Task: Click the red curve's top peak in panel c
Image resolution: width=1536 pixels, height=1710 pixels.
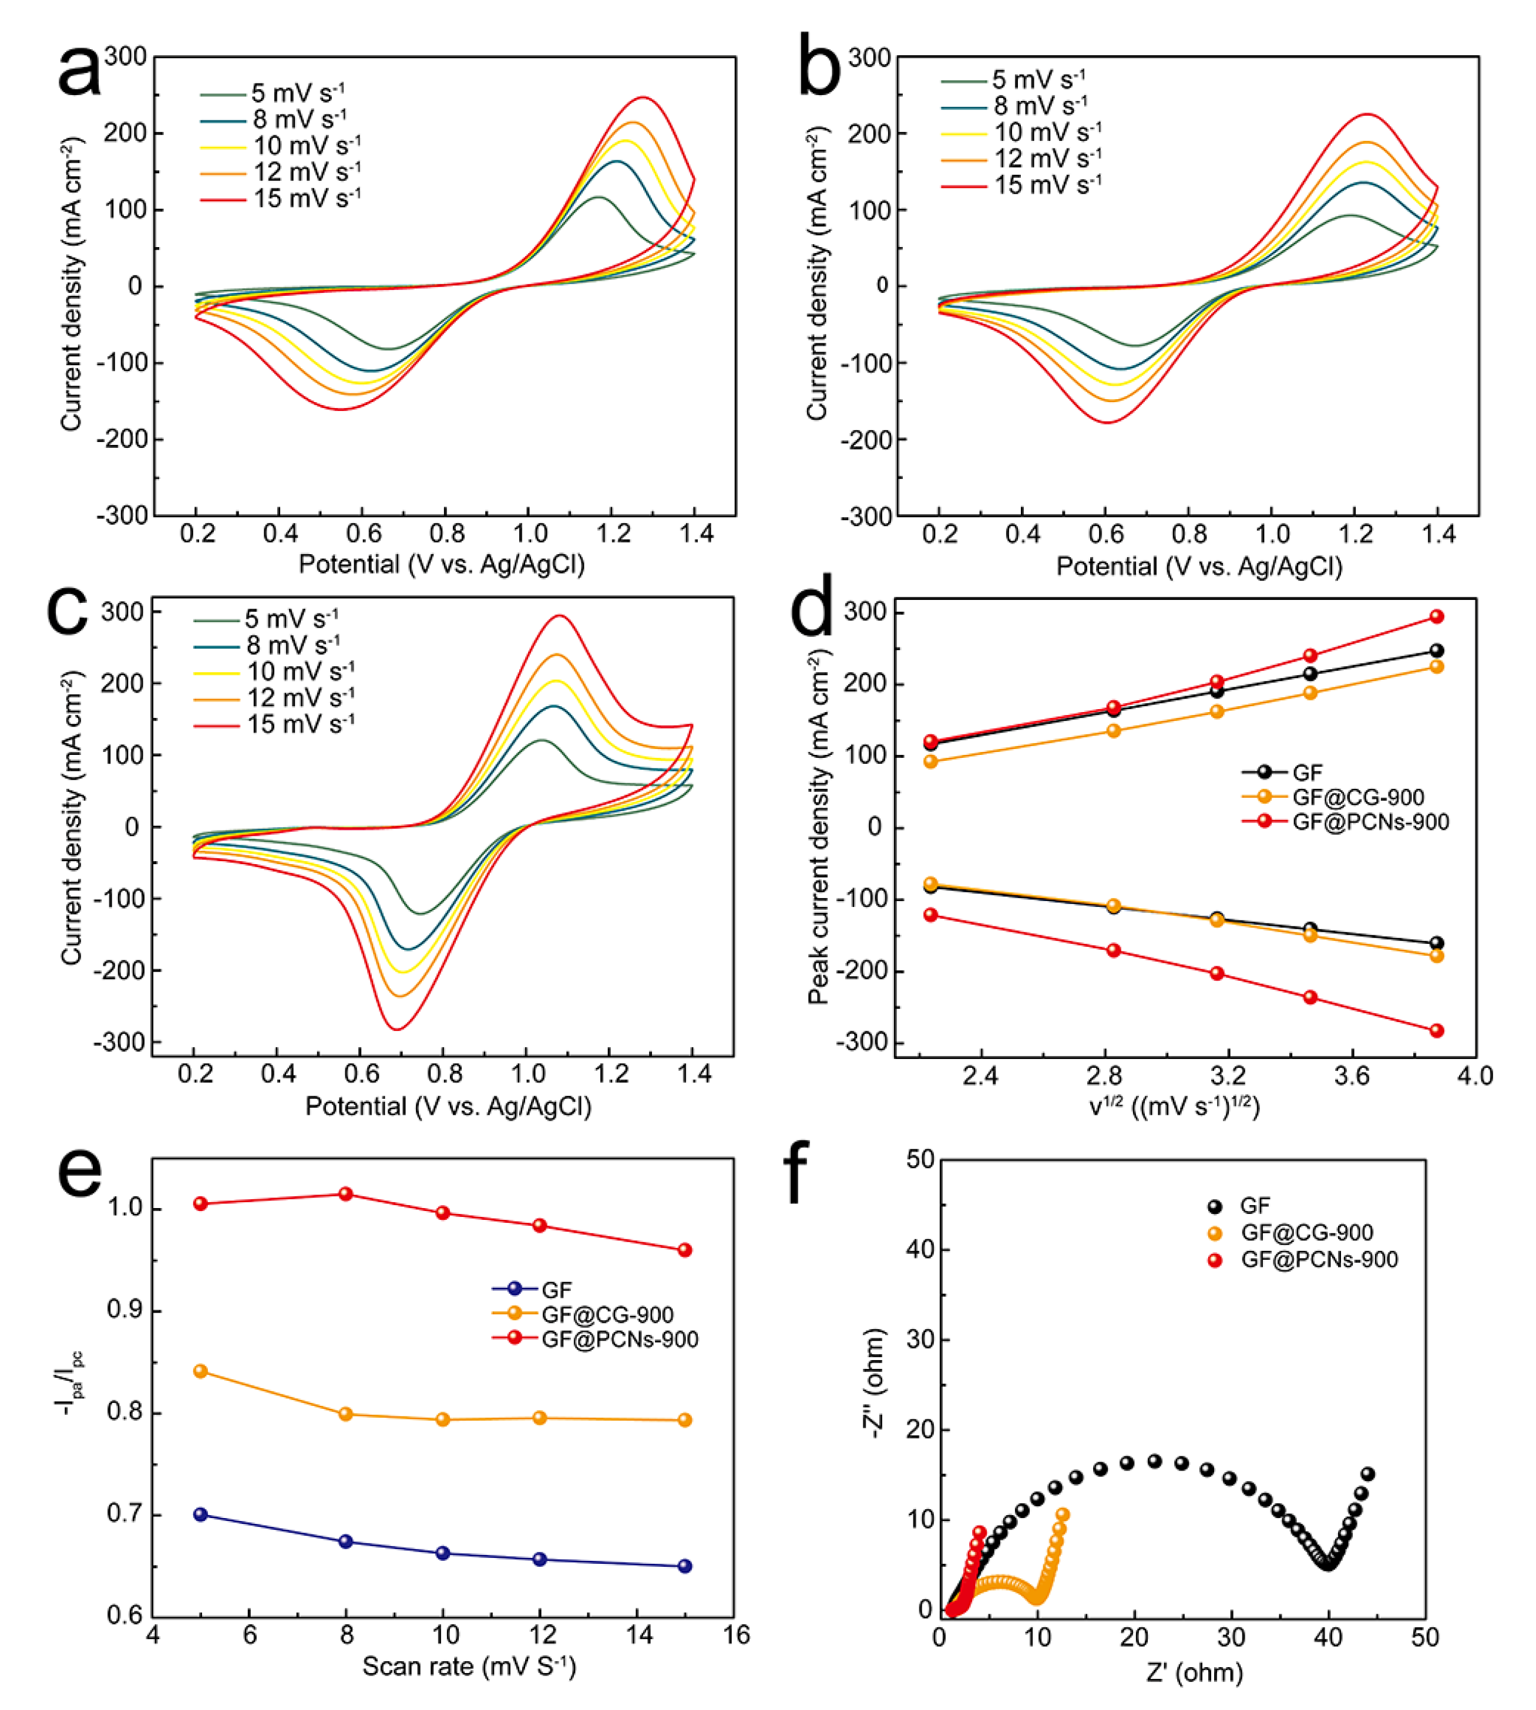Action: point(559,616)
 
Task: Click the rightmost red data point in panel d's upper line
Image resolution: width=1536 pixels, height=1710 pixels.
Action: point(1436,617)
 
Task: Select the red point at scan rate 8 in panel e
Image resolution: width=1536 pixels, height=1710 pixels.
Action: point(345,1193)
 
